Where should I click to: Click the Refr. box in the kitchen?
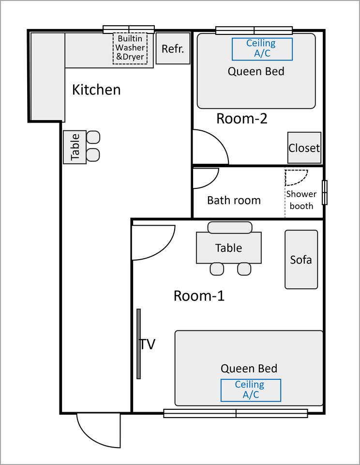pos(173,48)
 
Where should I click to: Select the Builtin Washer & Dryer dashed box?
pos(130,48)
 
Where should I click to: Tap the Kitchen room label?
pos(96,90)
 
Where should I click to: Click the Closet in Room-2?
pos(304,148)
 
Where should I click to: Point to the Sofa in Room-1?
pos(301,260)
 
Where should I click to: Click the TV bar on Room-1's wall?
pos(139,344)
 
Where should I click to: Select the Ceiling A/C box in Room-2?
pos(262,49)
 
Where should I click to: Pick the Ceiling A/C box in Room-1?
pos(251,390)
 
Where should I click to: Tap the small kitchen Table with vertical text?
pos(75,147)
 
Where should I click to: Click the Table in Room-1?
pos(229,248)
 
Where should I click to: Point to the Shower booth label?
pos(301,200)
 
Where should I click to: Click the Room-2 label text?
pos(242,118)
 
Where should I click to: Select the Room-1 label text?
pos(199,295)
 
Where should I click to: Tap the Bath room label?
pos(234,200)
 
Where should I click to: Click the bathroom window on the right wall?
pos(325,192)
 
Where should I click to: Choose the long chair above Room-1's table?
pos(230,228)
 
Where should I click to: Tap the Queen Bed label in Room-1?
pos(249,368)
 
